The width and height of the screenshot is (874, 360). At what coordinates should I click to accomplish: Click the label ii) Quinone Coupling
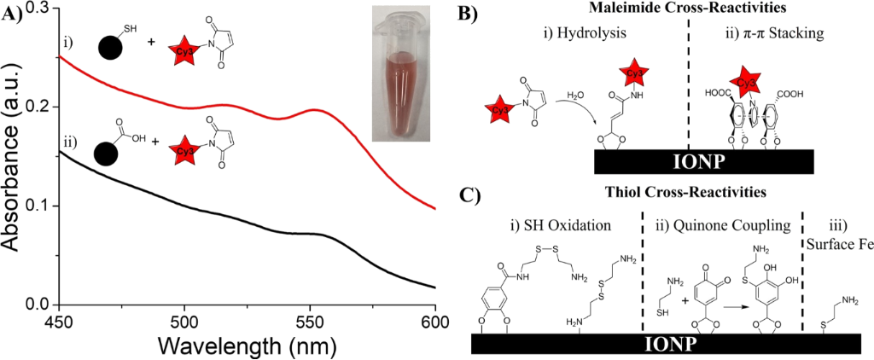pos(720,229)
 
